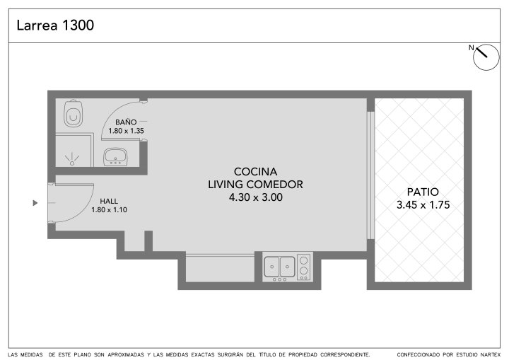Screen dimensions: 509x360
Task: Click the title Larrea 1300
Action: click(55, 25)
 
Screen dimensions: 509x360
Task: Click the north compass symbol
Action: click(486, 57)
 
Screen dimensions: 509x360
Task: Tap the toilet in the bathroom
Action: click(73, 113)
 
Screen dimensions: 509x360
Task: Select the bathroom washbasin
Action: click(115, 157)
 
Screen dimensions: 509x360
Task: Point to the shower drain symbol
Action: click(72, 158)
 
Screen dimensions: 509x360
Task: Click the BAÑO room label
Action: click(126, 122)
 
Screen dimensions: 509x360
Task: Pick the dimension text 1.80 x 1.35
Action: click(126, 131)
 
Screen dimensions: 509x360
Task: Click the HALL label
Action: click(109, 201)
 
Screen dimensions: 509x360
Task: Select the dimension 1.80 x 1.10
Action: click(109, 210)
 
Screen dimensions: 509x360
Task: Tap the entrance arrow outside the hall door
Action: click(35, 203)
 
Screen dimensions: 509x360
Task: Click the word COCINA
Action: click(255, 172)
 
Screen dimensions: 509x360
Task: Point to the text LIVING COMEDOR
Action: click(255, 185)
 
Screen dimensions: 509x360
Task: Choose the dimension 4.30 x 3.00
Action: click(256, 197)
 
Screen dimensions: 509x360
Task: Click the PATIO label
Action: click(423, 192)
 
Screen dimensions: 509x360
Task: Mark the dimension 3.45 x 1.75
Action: click(423, 205)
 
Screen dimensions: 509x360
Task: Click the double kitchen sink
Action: click(279, 267)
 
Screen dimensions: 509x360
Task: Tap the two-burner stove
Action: click(304, 267)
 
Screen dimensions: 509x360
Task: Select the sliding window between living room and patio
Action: click(370, 175)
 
